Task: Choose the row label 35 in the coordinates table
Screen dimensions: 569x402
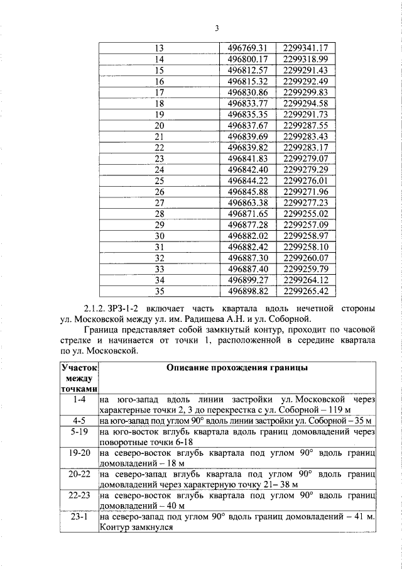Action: tap(159, 291)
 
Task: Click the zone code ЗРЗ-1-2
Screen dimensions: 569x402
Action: tap(131, 309)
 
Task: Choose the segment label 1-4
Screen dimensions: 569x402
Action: tap(79, 399)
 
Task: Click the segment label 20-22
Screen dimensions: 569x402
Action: tap(79, 473)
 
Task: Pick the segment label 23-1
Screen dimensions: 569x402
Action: tap(79, 517)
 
